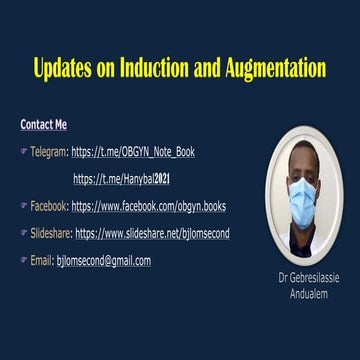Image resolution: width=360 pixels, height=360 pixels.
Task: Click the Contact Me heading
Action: pos(44,125)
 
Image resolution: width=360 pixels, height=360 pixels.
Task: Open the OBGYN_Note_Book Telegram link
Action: pos(133,152)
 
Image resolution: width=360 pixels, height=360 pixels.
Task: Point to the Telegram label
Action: pos(49,152)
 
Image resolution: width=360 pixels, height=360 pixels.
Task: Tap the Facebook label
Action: pos(49,206)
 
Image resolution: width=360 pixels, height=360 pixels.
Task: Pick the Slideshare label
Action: pos(51,233)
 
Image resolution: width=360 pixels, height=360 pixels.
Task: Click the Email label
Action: pos(42,260)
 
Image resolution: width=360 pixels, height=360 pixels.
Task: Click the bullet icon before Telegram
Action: pos(23,152)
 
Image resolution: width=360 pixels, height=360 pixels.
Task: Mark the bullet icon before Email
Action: pos(23,260)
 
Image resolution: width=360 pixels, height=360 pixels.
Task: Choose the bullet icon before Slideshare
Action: pos(23,233)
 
